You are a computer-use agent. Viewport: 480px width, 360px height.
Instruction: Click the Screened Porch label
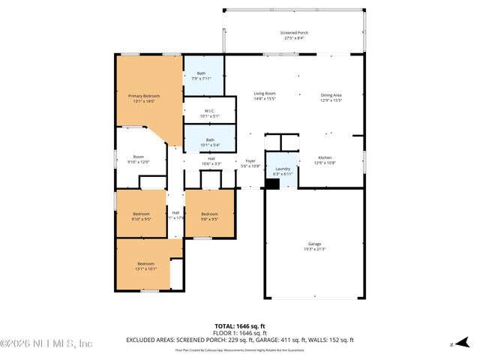pyautogui.click(x=294, y=35)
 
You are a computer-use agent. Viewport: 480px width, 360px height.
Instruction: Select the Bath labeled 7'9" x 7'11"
pyautogui.click(x=201, y=75)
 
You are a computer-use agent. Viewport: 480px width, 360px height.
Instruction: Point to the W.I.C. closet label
pyautogui.click(x=209, y=112)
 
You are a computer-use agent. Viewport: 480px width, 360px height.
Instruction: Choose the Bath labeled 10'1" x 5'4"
pyautogui.click(x=210, y=142)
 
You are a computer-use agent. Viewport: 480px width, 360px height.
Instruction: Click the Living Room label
pyautogui.click(x=264, y=96)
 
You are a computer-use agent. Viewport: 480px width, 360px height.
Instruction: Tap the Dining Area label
pyautogui.click(x=331, y=97)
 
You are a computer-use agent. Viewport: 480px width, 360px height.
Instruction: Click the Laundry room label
pyautogui.click(x=283, y=171)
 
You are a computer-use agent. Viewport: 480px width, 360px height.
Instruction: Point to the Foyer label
pyautogui.click(x=250, y=163)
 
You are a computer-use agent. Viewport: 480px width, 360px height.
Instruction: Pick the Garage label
pyautogui.click(x=314, y=247)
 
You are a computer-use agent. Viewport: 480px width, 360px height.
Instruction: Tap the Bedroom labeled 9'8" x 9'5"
pyautogui.click(x=210, y=216)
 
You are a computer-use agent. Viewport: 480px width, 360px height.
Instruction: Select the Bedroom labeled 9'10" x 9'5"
pyautogui.click(x=142, y=216)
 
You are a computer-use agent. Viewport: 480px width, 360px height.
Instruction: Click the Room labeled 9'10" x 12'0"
pyautogui.click(x=138, y=159)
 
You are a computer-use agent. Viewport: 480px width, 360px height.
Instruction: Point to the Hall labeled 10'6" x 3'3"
pyautogui.click(x=211, y=160)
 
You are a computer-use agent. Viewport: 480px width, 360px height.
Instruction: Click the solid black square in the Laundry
pyautogui.click(x=272, y=183)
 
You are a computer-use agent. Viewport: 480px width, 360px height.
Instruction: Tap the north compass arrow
pyautogui.click(x=453, y=344)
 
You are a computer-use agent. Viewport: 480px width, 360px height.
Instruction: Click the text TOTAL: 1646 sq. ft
pyautogui.click(x=240, y=326)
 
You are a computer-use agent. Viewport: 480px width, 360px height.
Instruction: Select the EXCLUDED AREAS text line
pyautogui.click(x=240, y=340)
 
